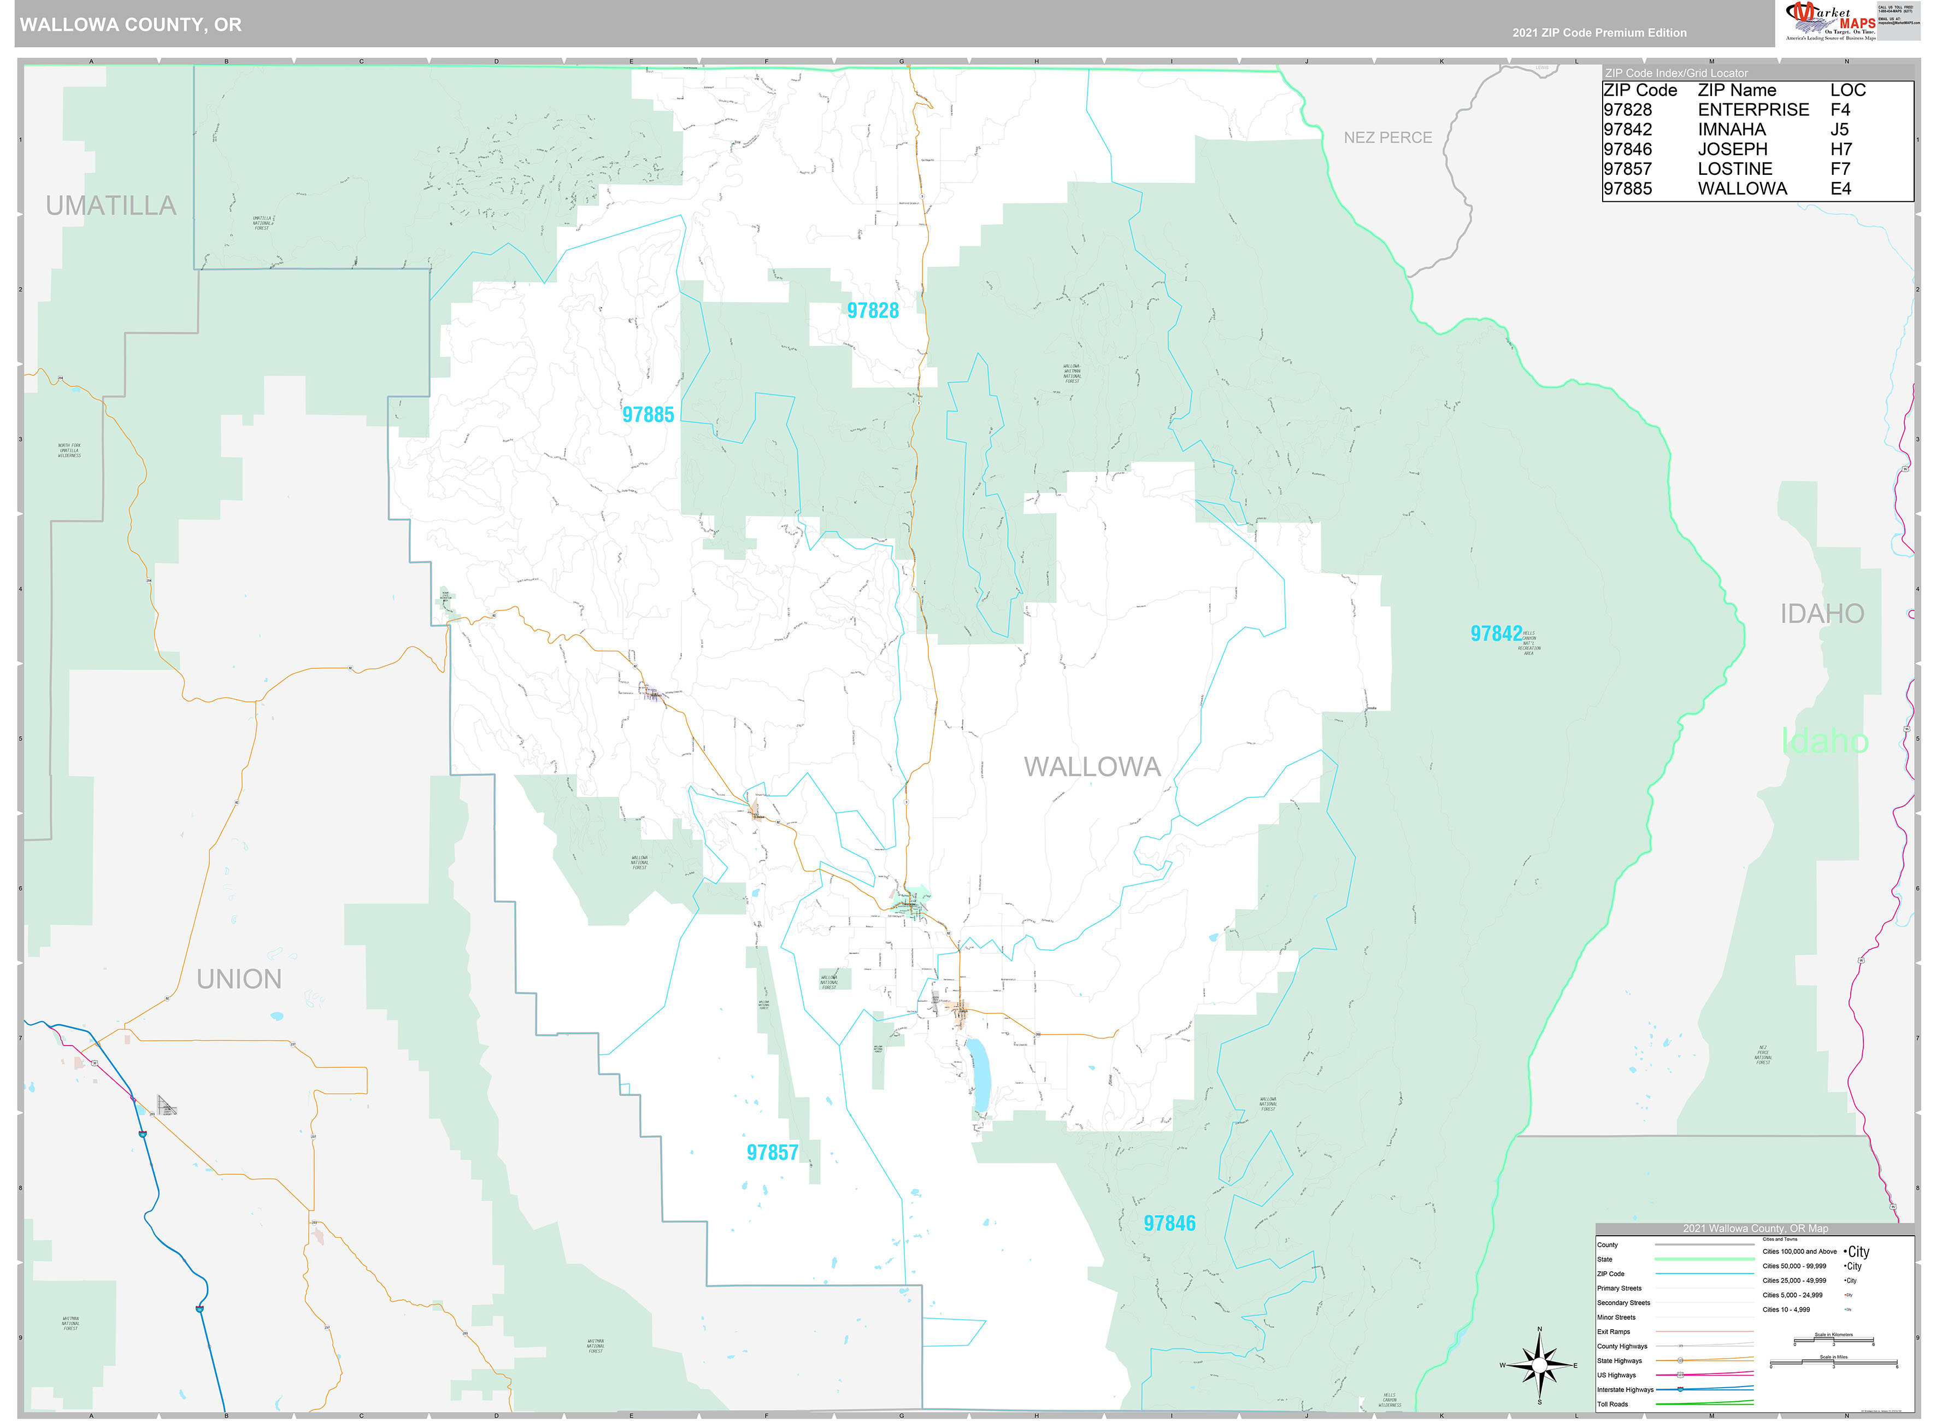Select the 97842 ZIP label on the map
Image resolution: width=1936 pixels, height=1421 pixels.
1495,634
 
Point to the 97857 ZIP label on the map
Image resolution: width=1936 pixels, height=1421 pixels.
772,1153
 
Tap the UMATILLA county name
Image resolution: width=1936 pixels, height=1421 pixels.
111,205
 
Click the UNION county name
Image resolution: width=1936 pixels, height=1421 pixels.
239,979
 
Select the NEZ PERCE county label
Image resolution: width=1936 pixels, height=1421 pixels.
1387,138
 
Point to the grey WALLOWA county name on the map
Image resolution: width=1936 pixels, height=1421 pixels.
1091,766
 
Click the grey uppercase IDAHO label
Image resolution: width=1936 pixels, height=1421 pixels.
1822,613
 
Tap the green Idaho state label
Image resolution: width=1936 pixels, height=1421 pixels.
1824,741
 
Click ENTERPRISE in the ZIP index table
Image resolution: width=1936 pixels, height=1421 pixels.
1753,110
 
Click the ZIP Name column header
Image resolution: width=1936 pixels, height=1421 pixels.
1737,90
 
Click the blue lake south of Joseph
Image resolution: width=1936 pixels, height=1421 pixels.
978,1075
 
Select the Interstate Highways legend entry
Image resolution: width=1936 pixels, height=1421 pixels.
1625,1389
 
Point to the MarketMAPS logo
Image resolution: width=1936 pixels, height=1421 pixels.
1830,21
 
